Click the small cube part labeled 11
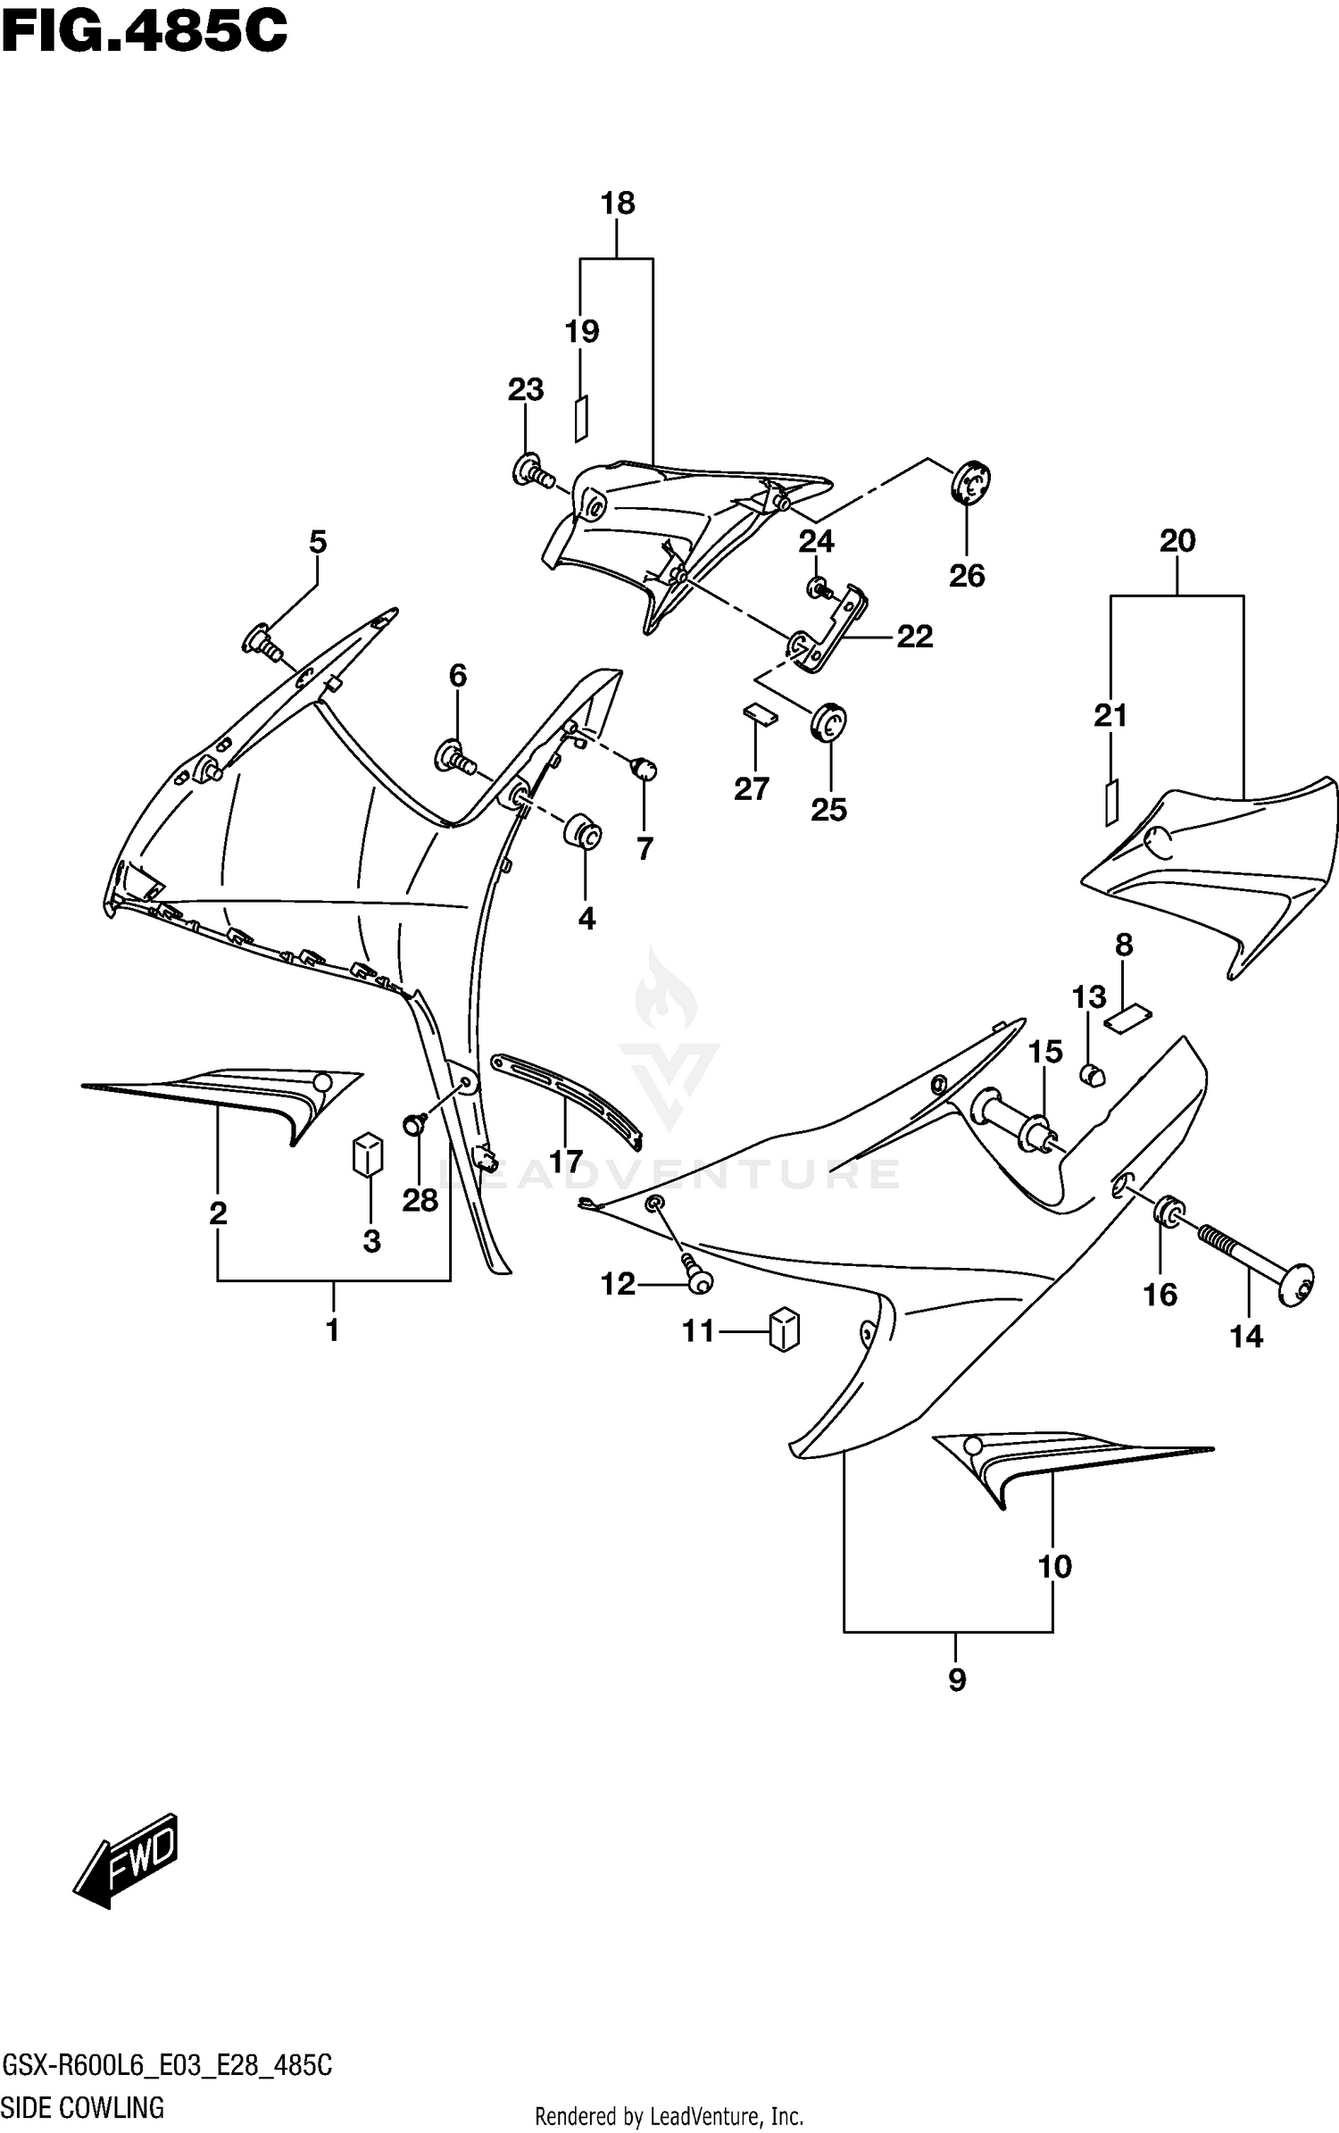click(784, 1329)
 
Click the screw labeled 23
click(530, 470)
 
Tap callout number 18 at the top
click(617, 204)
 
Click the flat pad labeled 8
click(1128, 1018)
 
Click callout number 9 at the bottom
click(956, 1680)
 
